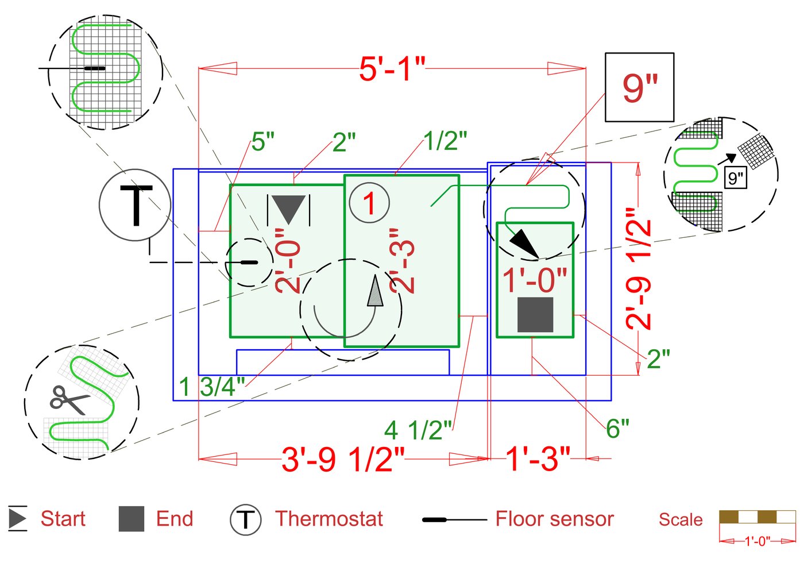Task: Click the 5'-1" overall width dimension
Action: pos(392,69)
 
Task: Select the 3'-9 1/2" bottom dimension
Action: pos(343,459)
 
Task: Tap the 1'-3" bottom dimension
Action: pos(538,459)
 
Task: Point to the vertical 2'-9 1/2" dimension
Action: pos(639,268)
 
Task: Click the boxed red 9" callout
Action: pos(639,87)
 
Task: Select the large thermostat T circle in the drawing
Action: pos(135,205)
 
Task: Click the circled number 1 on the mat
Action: pos(369,203)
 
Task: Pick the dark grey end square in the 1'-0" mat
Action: pos(535,315)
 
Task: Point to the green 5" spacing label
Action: pos(263,142)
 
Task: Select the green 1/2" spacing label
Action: pos(445,141)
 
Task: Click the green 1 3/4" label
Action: pos(212,387)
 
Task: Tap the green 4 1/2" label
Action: pos(418,430)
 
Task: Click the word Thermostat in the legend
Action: pos(329,519)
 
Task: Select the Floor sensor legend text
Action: pos(554,519)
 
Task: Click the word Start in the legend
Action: pos(63,519)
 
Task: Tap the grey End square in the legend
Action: pos(131,519)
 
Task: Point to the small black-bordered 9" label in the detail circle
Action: pos(736,178)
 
